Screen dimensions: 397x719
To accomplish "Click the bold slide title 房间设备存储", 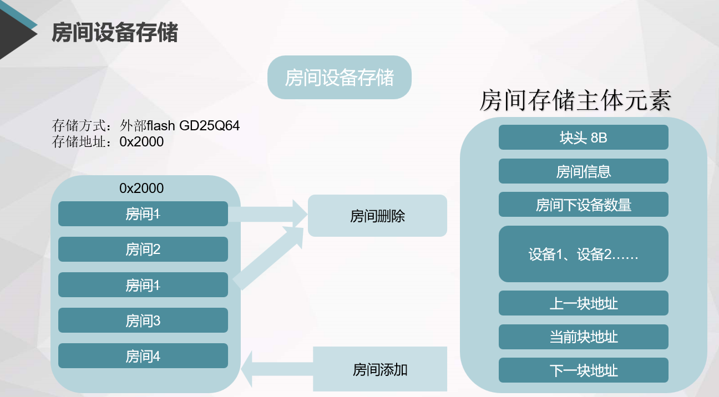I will tap(115, 33).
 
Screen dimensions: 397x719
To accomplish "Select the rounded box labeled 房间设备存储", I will tap(340, 78).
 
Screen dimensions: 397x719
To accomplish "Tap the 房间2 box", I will tap(143, 250).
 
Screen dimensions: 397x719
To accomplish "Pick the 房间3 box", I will tap(143, 320).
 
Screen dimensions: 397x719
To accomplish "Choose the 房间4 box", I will tap(143, 356).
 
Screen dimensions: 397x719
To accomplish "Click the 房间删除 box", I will tap(377, 216).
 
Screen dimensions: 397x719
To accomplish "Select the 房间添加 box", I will tap(380, 369).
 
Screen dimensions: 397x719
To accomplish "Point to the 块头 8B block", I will tap(583, 138).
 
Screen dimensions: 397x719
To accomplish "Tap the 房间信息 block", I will tap(583, 171).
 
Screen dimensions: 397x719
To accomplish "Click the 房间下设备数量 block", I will tap(583, 205).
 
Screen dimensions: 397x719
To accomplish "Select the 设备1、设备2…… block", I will tap(583, 255).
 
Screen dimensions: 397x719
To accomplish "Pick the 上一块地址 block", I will tap(583, 303).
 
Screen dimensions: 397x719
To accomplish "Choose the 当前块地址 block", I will tap(583, 337).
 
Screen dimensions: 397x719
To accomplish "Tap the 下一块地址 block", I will tap(583, 370).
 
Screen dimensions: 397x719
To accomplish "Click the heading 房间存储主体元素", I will tap(575, 101).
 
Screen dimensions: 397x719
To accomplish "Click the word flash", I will tap(161, 126).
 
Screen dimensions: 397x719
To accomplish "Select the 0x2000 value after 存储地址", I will tap(141, 142).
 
